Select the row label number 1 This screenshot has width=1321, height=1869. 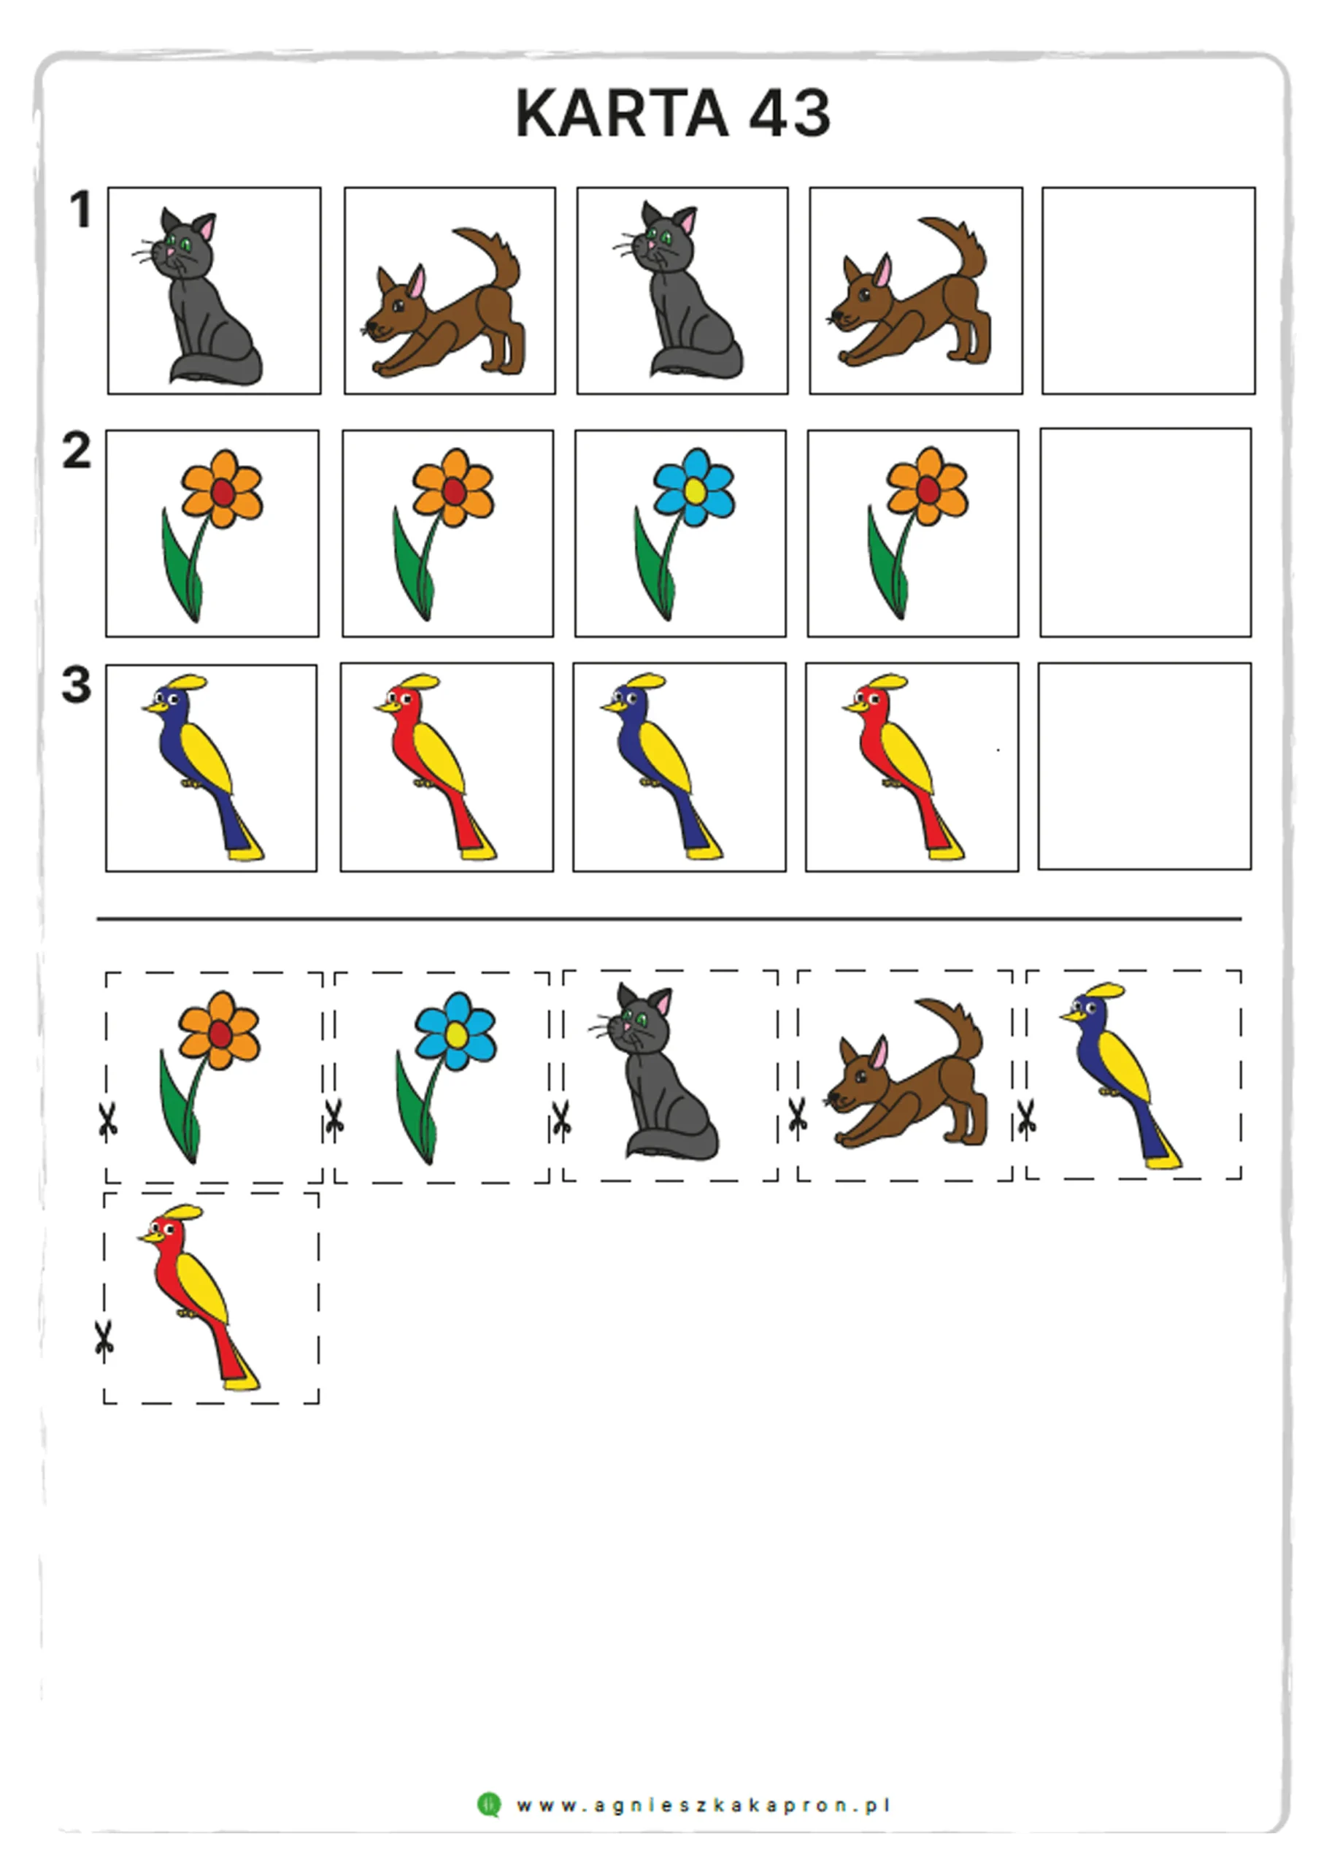[80, 210]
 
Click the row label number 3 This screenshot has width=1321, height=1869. [77, 685]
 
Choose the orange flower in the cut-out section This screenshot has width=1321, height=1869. [210, 1076]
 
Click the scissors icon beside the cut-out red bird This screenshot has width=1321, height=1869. [104, 1340]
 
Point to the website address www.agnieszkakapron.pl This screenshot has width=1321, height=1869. [704, 1805]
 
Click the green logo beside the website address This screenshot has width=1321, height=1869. [489, 1805]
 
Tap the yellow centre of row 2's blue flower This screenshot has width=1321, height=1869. [694, 490]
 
